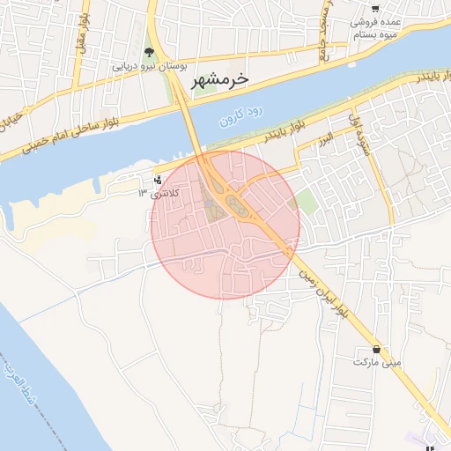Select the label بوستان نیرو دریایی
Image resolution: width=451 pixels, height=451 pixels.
[148, 66]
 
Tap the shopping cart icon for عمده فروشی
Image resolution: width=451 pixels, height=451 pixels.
[377, 8]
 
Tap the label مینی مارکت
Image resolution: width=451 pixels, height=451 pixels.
[377, 362]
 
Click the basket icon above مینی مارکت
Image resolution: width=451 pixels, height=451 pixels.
[377, 349]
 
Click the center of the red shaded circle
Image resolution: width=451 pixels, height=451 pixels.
[225, 224]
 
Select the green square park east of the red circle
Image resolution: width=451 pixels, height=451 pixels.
[306, 201]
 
